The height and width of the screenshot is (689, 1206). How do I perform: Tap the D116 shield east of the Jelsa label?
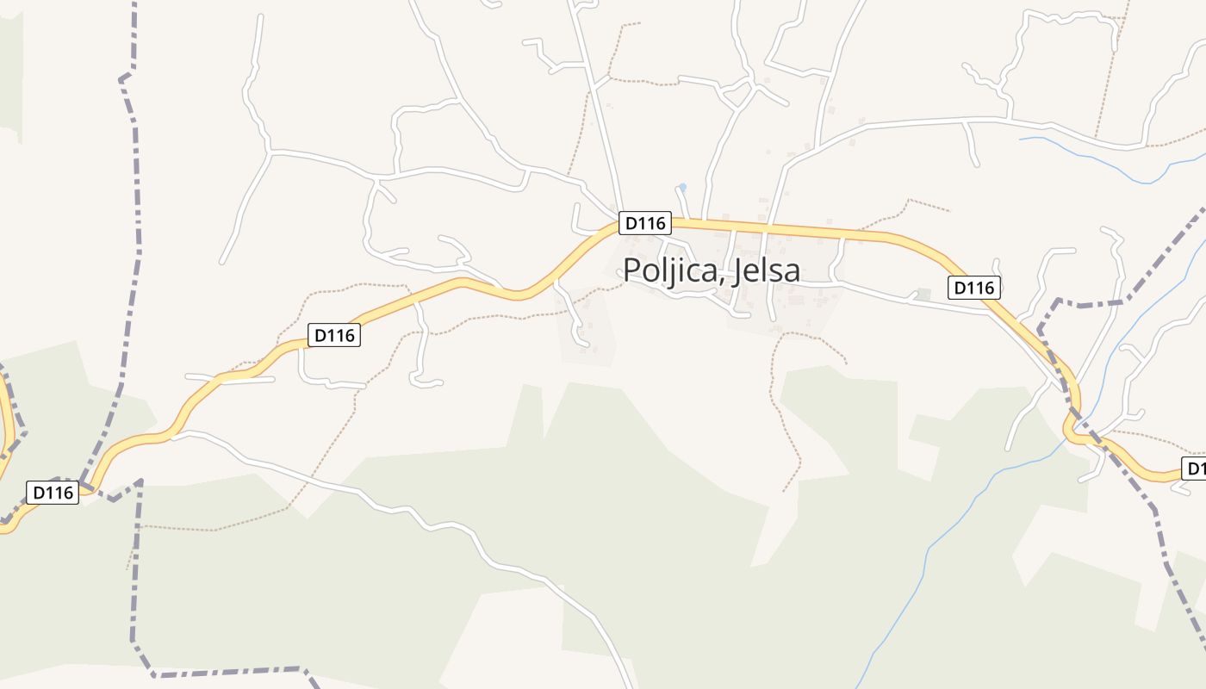tap(974, 288)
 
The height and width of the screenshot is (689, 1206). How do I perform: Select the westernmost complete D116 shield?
tap(53, 493)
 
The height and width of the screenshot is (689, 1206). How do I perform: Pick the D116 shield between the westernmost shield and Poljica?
tap(334, 335)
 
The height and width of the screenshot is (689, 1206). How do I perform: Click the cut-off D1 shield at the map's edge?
tap(1194, 469)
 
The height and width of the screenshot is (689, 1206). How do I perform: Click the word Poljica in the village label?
tap(670, 270)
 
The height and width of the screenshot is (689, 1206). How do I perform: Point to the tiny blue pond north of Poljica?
tap(682, 187)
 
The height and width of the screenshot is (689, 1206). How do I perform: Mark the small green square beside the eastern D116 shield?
tap(923, 295)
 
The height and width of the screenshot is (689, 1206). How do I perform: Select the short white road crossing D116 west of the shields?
tap(228, 377)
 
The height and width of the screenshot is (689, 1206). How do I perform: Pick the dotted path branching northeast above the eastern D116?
tap(913, 204)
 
